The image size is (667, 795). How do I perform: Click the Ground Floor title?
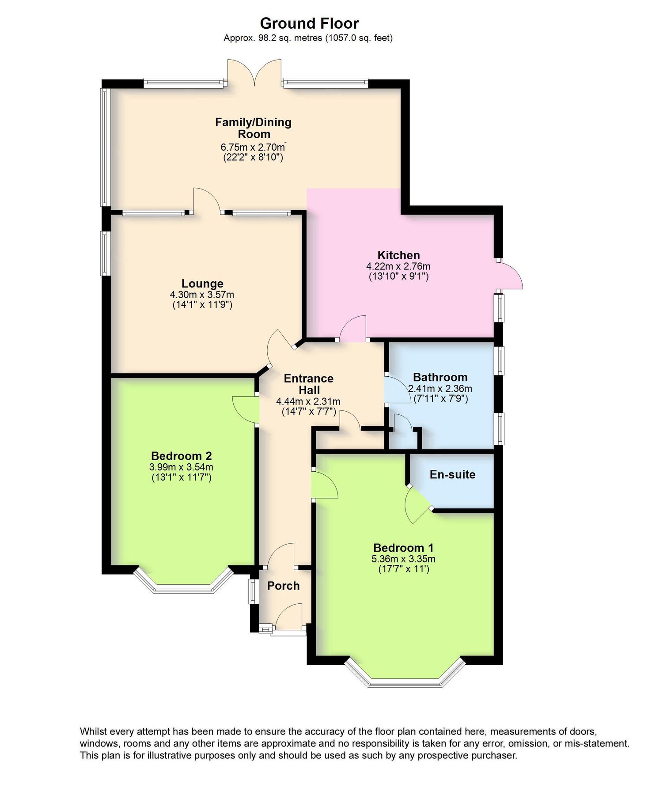(x=309, y=23)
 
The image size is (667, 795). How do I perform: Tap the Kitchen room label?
(x=398, y=255)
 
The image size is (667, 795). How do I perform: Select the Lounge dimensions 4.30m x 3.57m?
(x=202, y=295)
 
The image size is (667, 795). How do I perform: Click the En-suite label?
(x=452, y=474)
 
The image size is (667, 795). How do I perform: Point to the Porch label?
(x=283, y=586)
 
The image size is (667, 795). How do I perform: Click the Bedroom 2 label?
(x=181, y=456)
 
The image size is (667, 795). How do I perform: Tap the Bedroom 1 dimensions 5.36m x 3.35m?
(x=403, y=559)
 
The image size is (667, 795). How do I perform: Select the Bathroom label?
(x=440, y=377)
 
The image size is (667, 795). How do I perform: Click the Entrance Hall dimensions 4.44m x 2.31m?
(x=308, y=401)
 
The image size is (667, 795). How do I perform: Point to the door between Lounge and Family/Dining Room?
(x=206, y=201)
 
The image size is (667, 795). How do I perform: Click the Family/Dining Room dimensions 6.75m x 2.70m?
(x=253, y=147)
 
